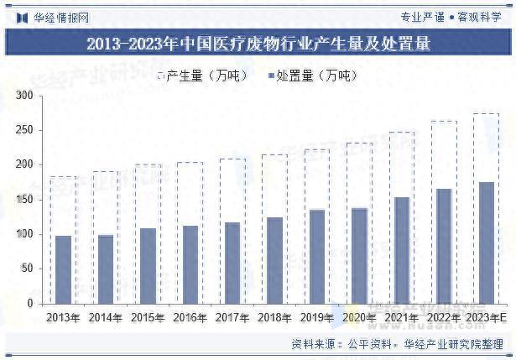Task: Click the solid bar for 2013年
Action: click(63, 269)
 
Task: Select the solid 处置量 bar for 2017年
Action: click(232, 263)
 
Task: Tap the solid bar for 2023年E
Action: click(487, 243)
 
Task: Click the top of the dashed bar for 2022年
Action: click(444, 122)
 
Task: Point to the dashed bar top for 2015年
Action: click(148, 164)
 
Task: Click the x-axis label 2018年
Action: click(274, 318)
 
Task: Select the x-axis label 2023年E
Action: click(488, 318)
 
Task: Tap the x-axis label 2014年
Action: click(106, 318)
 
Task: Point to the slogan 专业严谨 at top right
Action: click(422, 16)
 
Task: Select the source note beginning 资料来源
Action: click(397, 344)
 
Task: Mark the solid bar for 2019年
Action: click(317, 256)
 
